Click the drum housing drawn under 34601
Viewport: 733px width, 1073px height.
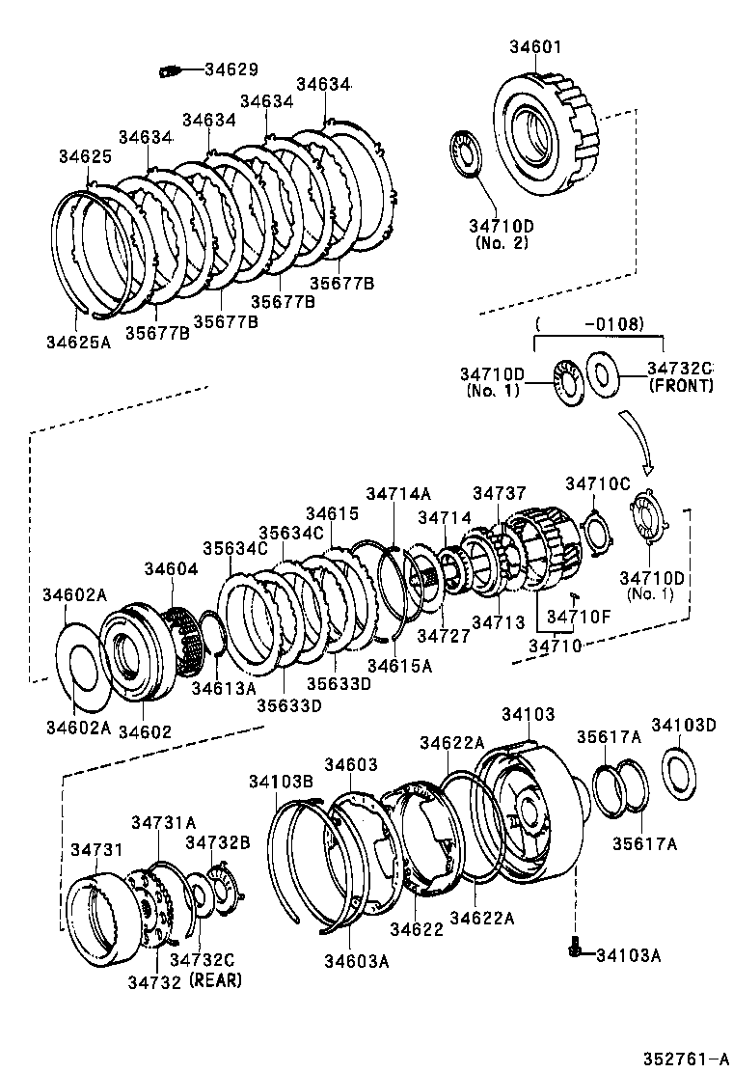(x=545, y=135)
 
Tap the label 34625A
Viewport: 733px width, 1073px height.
(x=78, y=341)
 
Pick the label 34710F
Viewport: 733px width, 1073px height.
(x=580, y=616)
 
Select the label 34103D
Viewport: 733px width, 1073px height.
(x=683, y=725)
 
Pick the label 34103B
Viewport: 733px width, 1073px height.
(x=281, y=781)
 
